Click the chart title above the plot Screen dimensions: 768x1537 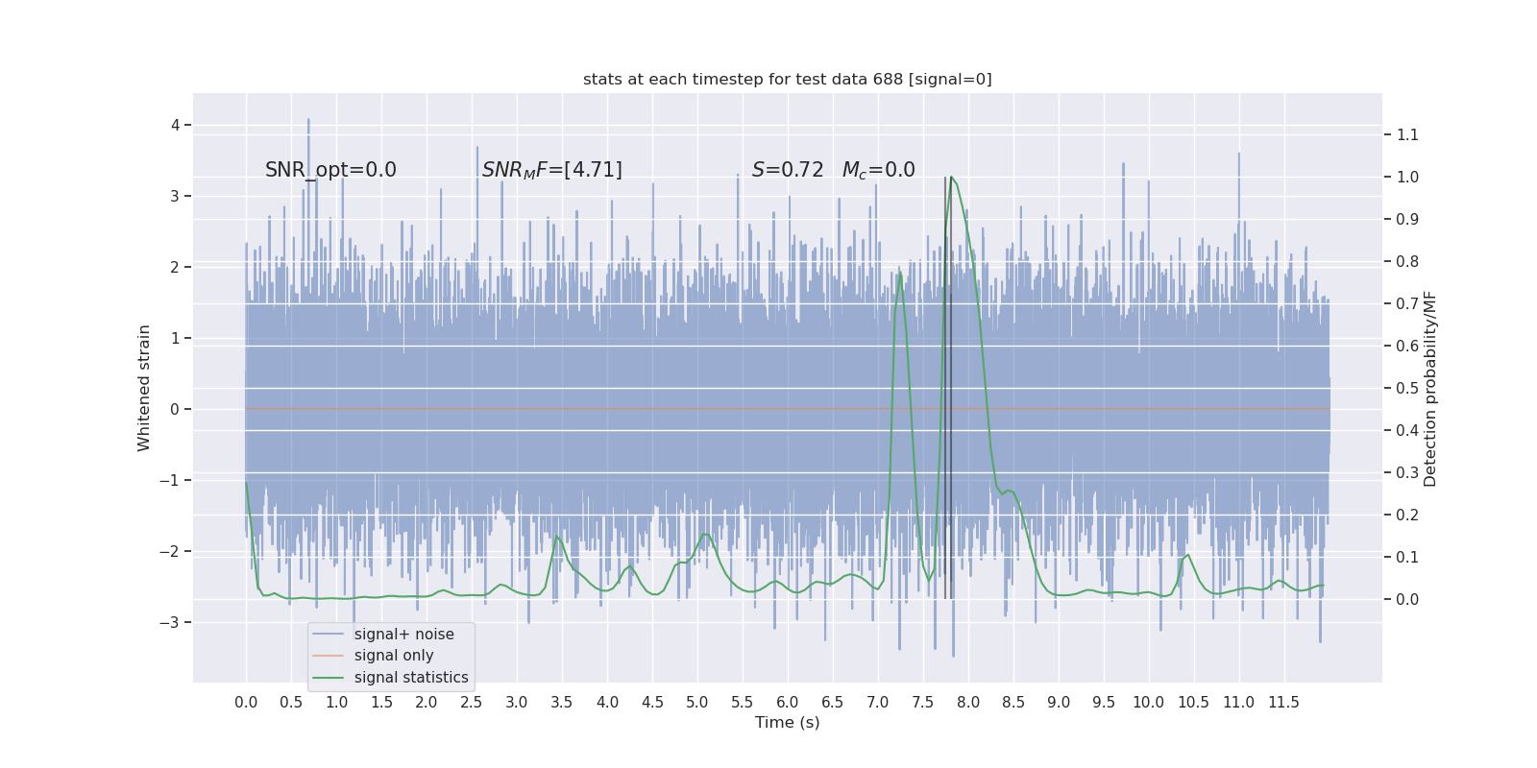click(x=787, y=80)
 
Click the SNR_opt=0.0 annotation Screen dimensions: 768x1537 click(x=330, y=170)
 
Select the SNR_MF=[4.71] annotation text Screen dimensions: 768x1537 click(x=551, y=170)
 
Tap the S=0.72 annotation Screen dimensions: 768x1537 click(x=788, y=170)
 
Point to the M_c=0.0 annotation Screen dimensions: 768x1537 click(x=878, y=170)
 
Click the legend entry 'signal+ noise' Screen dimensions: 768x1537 click(x=403, y=635)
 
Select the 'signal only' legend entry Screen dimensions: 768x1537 click(x=394, y=656)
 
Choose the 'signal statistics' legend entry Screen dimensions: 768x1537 click(x=411, y=678)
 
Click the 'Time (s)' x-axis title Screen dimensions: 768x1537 click(x=787, y=723)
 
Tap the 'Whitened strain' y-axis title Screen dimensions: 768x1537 click(x=144, y=388)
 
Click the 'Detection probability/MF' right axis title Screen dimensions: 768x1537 click(x=1430, y=388)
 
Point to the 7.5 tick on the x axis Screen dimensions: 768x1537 click(x=922, y=703)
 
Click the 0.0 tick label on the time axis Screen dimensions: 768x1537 click(x=246, y=703)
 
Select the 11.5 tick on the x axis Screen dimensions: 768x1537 click(x=1283, y=703)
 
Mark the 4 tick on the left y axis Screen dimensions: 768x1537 click(x=176, y=125)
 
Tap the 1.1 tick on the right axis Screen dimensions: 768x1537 click(x=1407, y=134)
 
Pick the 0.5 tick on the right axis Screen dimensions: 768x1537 click(x=1407, y=388)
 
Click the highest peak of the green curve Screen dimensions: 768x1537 click(x=951, y=178)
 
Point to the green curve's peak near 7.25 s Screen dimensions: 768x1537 click(x=900, y=274)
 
